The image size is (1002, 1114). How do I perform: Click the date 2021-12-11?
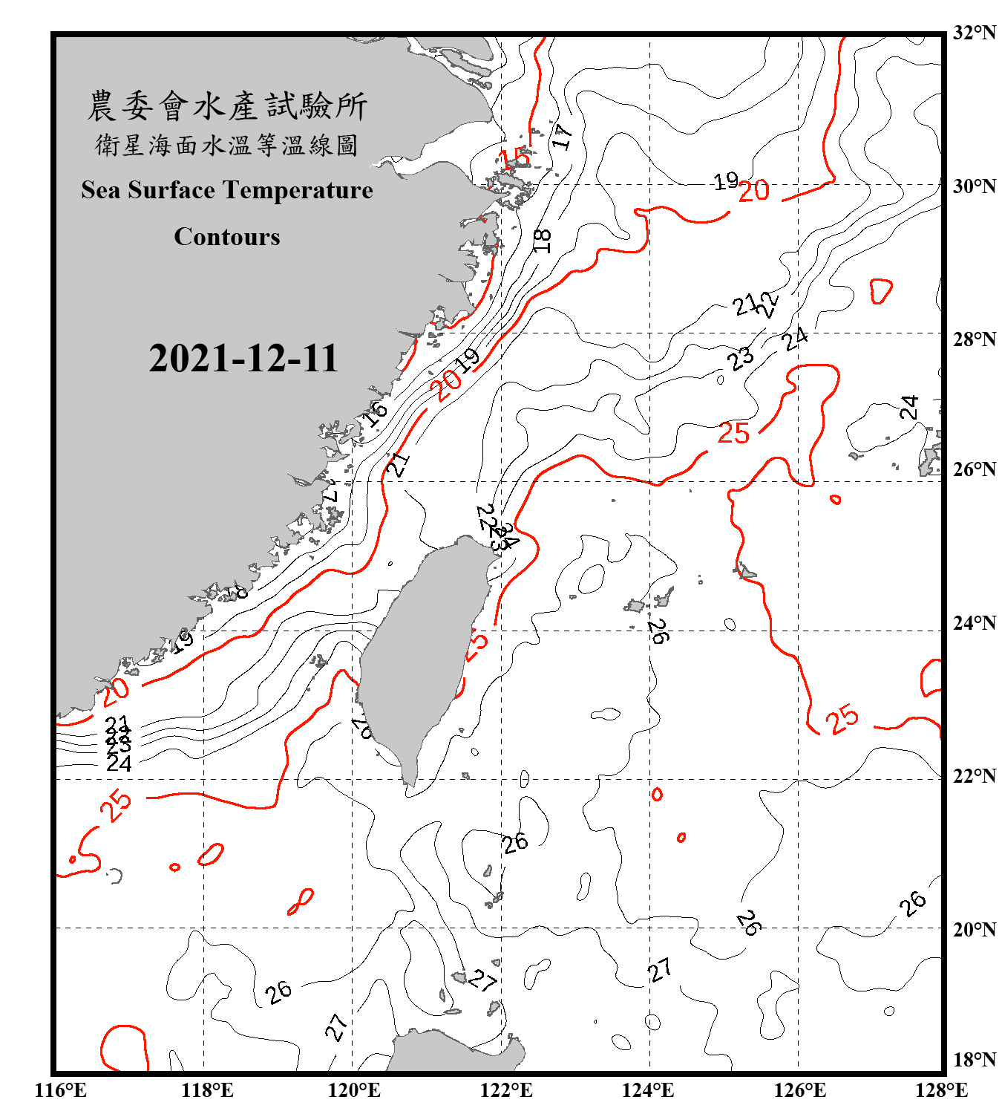point(243,359)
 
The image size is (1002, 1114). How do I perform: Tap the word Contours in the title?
point(227,237)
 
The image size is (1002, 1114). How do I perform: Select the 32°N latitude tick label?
point(973,33)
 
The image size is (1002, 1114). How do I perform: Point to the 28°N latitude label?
point(973,339)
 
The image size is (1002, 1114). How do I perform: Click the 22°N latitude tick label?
point(973,776)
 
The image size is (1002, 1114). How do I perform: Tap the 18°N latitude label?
point(973,1060)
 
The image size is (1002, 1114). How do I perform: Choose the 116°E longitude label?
point(60,1090)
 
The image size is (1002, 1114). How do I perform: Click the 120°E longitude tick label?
point(354,1090)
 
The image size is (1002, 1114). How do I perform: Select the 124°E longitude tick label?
point(648,1090)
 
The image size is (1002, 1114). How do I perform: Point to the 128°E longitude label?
point(941,1090)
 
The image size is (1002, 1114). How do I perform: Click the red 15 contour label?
point(514,157)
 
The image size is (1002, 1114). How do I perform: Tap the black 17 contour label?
point(562,136)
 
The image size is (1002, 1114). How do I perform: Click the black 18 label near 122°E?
point(542,241)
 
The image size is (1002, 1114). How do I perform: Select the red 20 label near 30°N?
point(753,192)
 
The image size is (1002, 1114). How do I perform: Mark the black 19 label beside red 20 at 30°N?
point(725,180)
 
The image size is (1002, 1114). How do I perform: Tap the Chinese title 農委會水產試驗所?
point(227,106)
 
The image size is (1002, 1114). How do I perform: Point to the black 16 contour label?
point(375,412)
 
